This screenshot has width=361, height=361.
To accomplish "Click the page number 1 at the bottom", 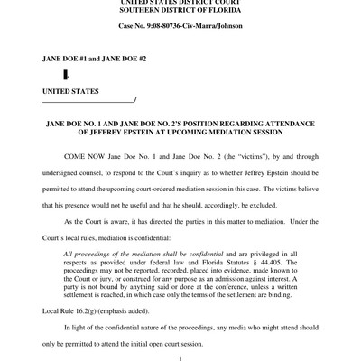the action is pyautogui.click(x=180, y=358).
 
